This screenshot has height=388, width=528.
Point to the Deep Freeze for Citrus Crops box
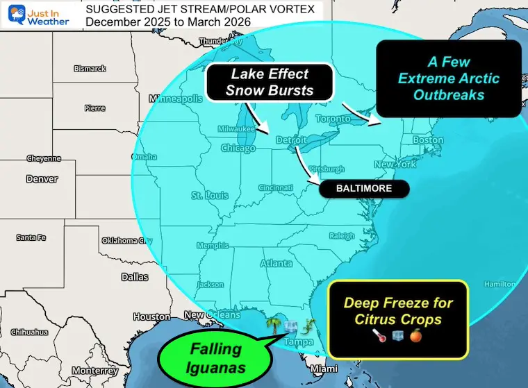click(399, 319)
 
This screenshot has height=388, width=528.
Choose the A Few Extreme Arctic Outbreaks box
click(448, 78)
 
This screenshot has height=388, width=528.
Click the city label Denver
click(42, 179)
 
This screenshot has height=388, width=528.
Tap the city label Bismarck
click(91, 69)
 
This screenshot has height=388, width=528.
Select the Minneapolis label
click(179, 99)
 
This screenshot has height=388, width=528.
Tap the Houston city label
click(151, 317)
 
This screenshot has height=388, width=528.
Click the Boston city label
click(427, 140)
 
